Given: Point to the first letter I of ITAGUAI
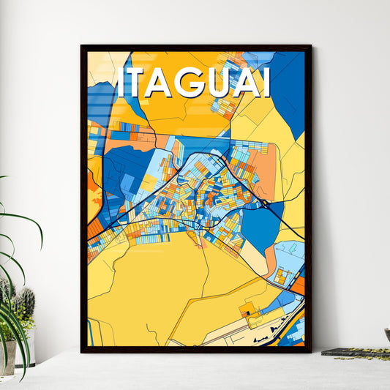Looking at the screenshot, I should pos(122,83).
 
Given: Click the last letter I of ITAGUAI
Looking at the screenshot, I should pos(266,83).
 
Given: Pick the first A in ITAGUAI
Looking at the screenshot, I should pos(165,83).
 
